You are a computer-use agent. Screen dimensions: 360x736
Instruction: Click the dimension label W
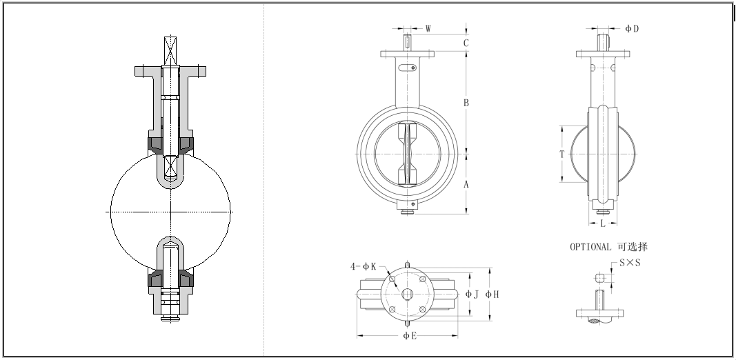428,29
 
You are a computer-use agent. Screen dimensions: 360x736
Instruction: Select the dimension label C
466,43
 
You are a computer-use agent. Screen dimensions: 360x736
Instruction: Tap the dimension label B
466,103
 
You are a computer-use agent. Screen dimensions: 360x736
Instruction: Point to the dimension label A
466,184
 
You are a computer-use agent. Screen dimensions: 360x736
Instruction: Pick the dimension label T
562,154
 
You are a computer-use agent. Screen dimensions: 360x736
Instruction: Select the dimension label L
602,223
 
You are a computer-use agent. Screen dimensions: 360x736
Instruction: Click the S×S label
629,263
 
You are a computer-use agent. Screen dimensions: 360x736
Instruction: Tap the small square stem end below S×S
600,277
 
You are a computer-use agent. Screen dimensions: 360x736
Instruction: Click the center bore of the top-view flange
408,294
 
